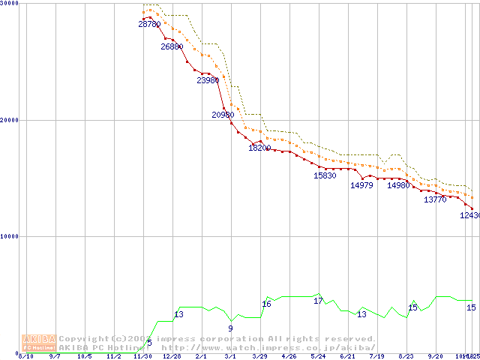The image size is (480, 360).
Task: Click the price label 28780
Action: point(149,24)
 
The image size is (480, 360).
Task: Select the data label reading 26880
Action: point(172,46)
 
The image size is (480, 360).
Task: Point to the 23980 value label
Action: point(208,80)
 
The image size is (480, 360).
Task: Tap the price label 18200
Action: point(259,148)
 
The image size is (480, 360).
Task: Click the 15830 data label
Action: point(325,175)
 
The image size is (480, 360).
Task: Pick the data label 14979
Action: point(361,185)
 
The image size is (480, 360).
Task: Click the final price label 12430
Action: point(469,215)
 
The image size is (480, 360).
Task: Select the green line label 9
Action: point(230,328)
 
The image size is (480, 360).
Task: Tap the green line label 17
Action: point(318,301)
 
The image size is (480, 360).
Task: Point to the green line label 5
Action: point(149,343)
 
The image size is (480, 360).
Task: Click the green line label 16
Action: point(266,304)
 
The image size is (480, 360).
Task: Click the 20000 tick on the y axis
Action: point(9,120)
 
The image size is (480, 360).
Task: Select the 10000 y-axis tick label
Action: point(9,236)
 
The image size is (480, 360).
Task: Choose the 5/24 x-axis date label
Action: point(318,357)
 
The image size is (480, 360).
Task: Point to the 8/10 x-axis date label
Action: point(26,357)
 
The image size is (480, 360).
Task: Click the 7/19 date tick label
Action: point(376,357)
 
